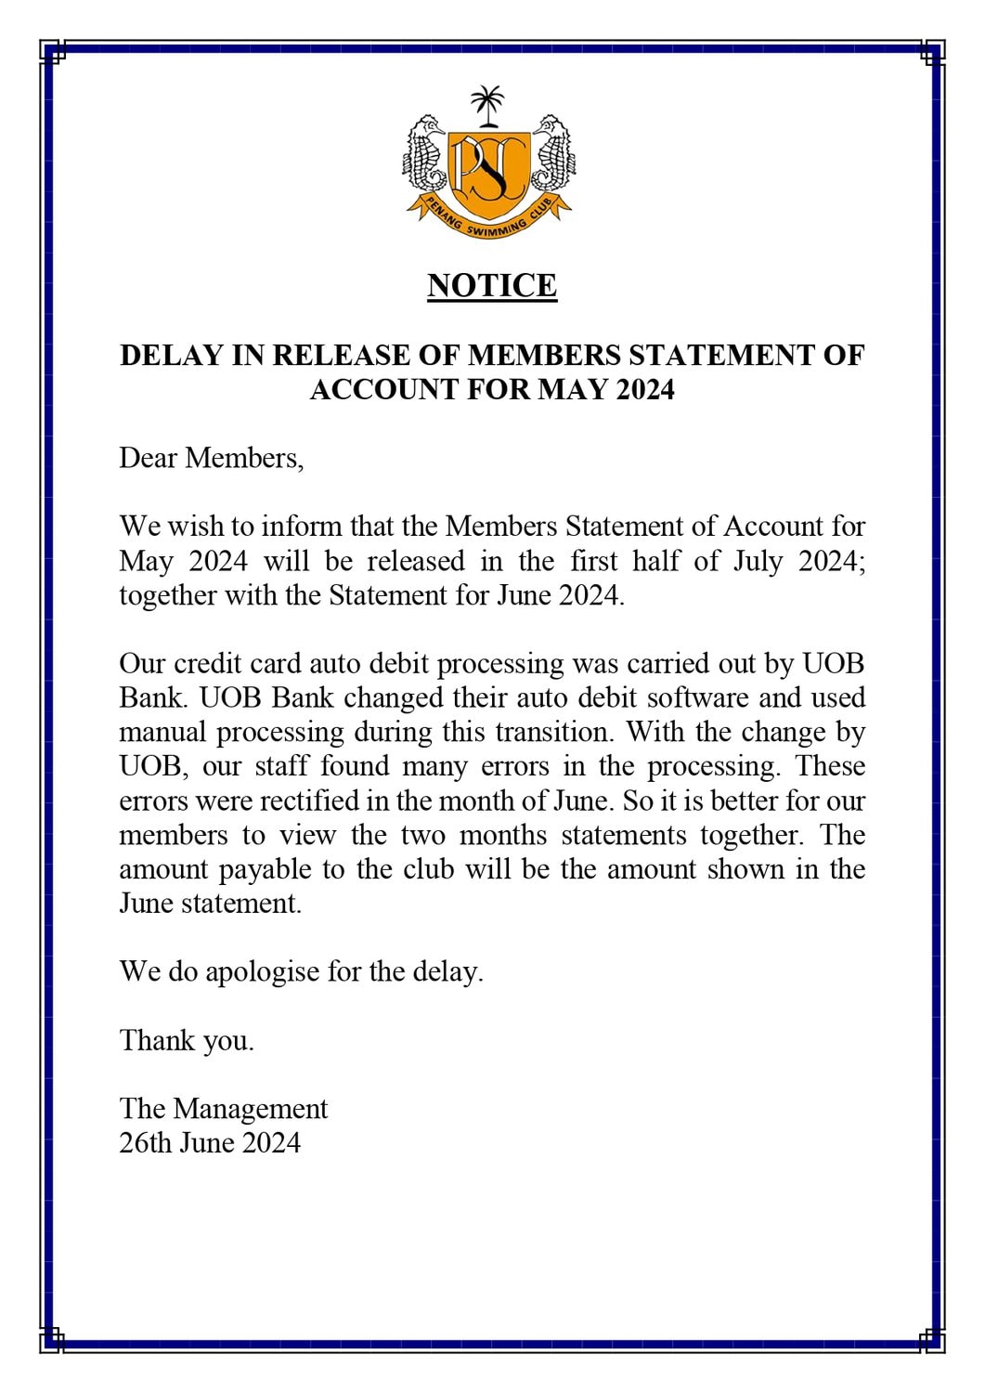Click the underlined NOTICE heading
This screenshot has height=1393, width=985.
[492, 285]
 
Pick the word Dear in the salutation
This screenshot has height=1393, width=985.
[148, 458]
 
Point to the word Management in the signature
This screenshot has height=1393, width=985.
[250, 1109]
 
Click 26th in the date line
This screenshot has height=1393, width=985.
[146, 1142]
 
